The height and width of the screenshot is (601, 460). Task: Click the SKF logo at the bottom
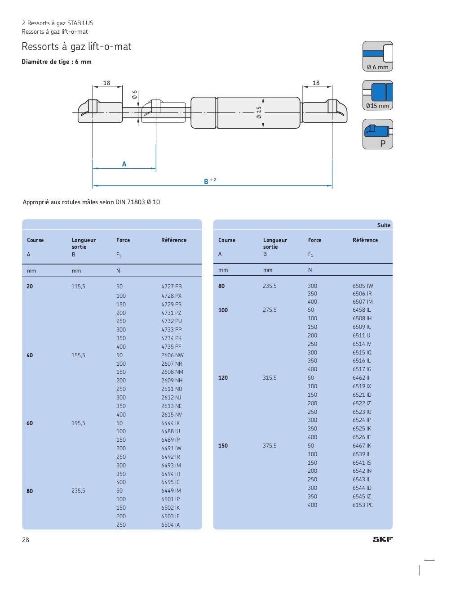[x=382, y=539]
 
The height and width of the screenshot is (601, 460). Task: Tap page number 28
[x=26, y=540]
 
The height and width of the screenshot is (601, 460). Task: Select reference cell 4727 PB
[x=171, y=286]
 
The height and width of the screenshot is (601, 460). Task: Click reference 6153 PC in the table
[x=363, y=505]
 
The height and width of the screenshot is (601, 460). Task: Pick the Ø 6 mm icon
[x=377, y=56]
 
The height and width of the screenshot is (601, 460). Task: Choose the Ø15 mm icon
[x=377, y=95]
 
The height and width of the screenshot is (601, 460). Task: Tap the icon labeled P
[x=377, y=134]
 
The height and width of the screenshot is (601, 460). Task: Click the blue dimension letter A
[x=124, y=164]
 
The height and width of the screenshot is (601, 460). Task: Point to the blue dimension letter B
[x=206, y=181]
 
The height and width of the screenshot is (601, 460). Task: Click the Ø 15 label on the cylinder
[x=259, y=112]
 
